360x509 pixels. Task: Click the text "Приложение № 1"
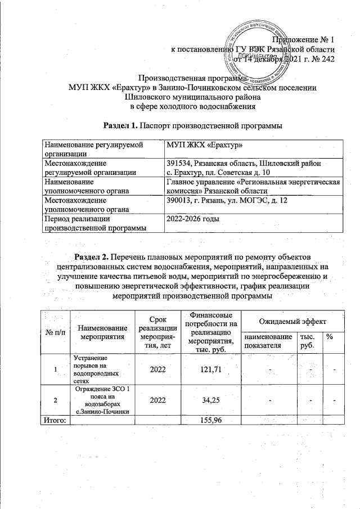[x=303, y=39]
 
